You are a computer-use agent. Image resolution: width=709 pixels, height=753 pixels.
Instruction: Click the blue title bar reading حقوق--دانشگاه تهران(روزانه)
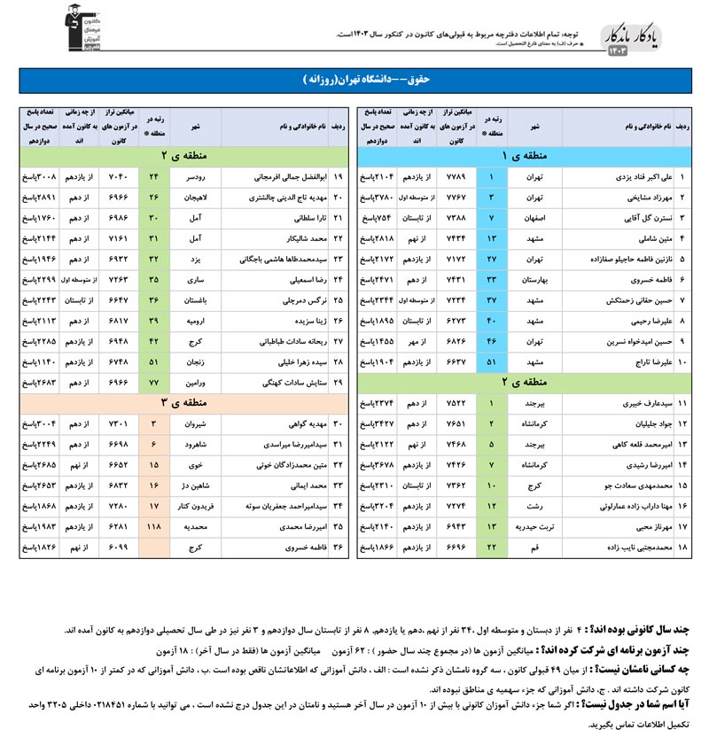(354, 79)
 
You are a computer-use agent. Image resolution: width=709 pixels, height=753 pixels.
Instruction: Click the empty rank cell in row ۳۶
(155, 548)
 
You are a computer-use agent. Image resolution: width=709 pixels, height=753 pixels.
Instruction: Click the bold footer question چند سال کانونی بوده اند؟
(644, 629)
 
